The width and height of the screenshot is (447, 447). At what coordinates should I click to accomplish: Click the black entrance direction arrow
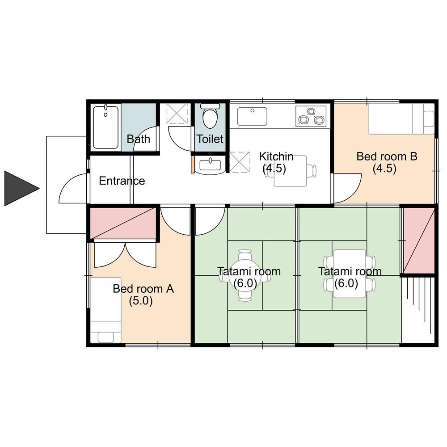[x=20, y=188]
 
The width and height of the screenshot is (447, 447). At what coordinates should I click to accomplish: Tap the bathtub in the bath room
[x=106, y=127]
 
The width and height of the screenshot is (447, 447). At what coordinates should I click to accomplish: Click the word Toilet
[x=210, y=139]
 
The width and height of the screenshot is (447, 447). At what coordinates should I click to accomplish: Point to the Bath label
[x=138, y=139]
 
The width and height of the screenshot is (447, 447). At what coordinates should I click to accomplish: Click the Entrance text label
[x=122, y=181]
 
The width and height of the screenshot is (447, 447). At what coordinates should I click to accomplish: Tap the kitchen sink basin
[x=252, y=116]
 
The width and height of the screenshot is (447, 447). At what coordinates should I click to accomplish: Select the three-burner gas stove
[x=311, y=116]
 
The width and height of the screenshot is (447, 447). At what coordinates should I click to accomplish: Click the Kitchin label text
[x=276, y=156]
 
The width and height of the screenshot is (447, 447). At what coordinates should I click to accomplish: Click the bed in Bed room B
[x=401, y=118]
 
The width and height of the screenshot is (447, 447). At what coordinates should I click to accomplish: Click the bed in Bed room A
[x=106, y=310]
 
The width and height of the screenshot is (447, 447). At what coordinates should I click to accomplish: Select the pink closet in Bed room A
[x=123, y=223]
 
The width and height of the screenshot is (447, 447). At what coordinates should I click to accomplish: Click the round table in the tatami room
[x=245, y=275]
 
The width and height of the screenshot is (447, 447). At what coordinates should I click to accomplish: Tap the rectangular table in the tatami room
[x=350, y=274]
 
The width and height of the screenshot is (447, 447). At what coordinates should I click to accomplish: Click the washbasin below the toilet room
[x=211, y=165]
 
